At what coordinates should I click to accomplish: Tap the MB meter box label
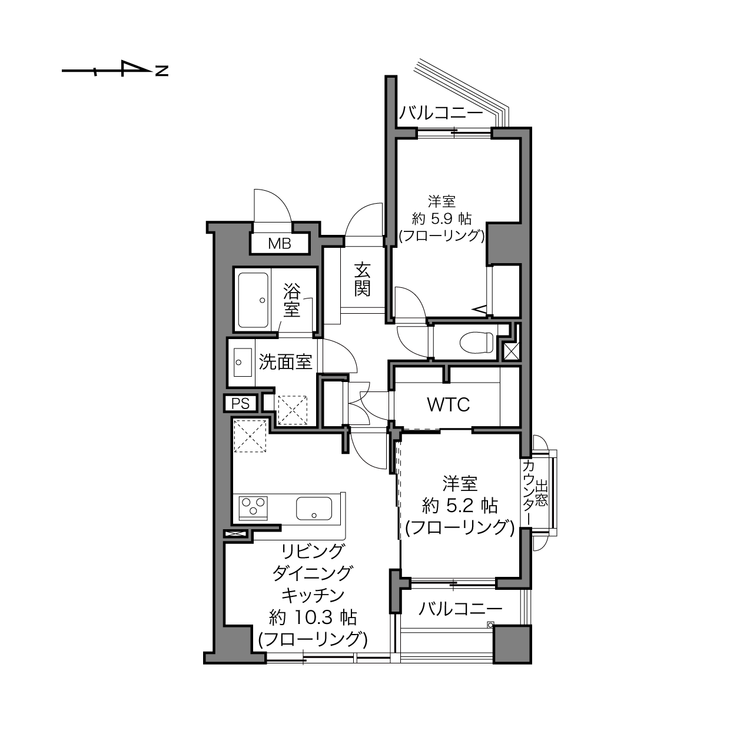pos(280,243)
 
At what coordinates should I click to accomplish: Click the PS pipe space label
pos(241,403)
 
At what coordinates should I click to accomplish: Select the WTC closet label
pos(448,404)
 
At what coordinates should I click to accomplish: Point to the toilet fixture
pos(477,341)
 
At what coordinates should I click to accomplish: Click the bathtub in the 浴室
pos(253,300)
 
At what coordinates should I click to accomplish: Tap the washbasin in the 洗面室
pos(243,362)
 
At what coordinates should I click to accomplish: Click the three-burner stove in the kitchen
pos(253,508)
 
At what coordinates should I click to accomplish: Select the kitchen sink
pos(314,508)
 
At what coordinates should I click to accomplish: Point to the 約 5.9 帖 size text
pos(441,219)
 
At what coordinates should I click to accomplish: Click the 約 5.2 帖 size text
pos(460,506)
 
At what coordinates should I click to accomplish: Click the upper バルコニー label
pos(441,114)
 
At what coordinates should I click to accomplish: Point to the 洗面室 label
pos(285,362)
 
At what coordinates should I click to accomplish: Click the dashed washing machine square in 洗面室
pos(293,410)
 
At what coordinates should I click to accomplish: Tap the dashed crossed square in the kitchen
pos(250,436)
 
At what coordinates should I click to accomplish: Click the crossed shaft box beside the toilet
pos(512,351)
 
